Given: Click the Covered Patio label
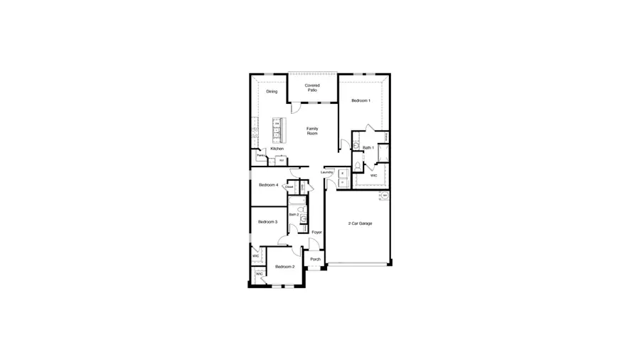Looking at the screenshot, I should coord(312,88).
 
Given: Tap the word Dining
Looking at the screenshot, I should coord(272,92).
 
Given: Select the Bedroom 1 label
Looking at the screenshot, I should coord(361,101).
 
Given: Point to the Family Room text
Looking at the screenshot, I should coord(312,131).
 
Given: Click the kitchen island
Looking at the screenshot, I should coord(277,129).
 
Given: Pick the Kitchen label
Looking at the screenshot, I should coord(277,149).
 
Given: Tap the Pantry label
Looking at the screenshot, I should coord(260,155).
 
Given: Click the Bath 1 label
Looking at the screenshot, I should coord(368,148).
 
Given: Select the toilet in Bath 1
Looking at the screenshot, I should coord(358,166).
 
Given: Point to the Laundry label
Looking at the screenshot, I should coord(327,172).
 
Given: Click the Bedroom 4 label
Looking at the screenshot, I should coord(268,185).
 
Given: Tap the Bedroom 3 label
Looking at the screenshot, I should coord(267,222).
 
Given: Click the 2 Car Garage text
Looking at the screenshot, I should coord(360,223).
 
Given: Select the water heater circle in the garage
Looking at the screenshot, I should coord(385,195).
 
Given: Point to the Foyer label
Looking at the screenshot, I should coord(316,233).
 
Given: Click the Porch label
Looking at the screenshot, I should coord(315,259).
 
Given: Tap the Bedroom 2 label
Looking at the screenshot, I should coord(284,266).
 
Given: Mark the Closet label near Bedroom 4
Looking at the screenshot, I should coord(289,186).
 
